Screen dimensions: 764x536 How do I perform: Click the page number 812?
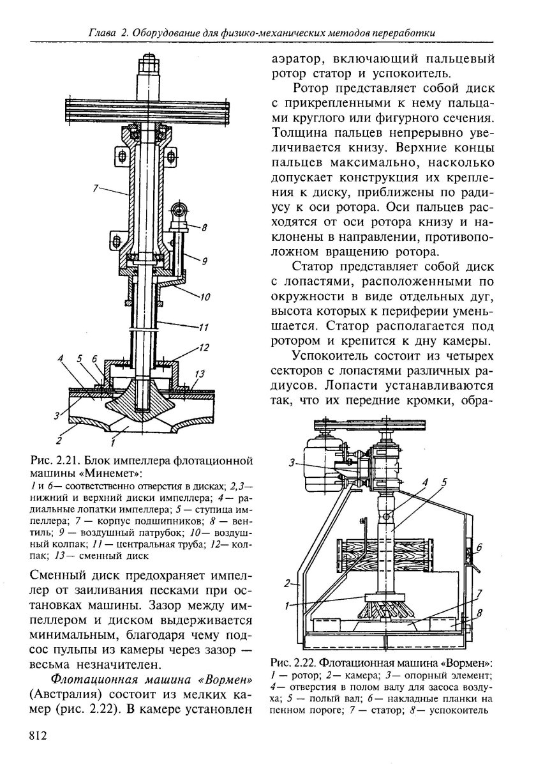point(39,737)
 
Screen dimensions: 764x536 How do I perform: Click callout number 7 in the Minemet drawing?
point(95,188)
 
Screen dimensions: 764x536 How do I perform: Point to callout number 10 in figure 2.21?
point(205,296)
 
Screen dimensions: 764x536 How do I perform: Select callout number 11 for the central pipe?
point(204,329)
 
